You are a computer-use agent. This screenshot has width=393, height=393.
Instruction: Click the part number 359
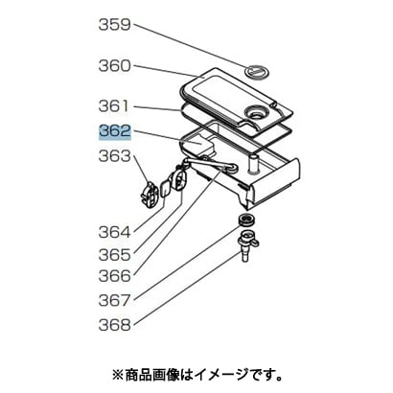[x=115, y=25]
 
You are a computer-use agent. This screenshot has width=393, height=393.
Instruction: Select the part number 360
[x=115, y=66]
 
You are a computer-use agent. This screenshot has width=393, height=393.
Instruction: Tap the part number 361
[x=115, y=106]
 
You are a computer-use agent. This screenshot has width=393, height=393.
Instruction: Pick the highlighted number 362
[x=115, y=131]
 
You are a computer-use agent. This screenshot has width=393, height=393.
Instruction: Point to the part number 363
[x=115, y=156]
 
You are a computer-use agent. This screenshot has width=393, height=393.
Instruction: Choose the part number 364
[x=115, y=232]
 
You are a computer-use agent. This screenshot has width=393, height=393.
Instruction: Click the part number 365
[x=115, y=255]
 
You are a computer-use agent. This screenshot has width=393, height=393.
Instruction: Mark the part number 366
[x=115, y=276]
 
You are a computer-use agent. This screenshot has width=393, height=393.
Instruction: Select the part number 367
[x=115, y=300]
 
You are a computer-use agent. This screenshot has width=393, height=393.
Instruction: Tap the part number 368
[x=115, y=325]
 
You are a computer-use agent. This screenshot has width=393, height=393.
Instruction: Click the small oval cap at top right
[x=257, y=73]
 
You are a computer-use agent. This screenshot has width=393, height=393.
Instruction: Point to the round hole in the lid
[x=256, y=113]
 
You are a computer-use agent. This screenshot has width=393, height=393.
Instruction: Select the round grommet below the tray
[x=246, y=220]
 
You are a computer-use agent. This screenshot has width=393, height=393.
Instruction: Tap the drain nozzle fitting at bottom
[x=248, y=245]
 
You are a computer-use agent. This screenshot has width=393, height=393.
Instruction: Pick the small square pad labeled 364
[x=166, y=189]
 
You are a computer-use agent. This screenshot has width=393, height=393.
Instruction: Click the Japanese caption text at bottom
[x=197, y=373]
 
